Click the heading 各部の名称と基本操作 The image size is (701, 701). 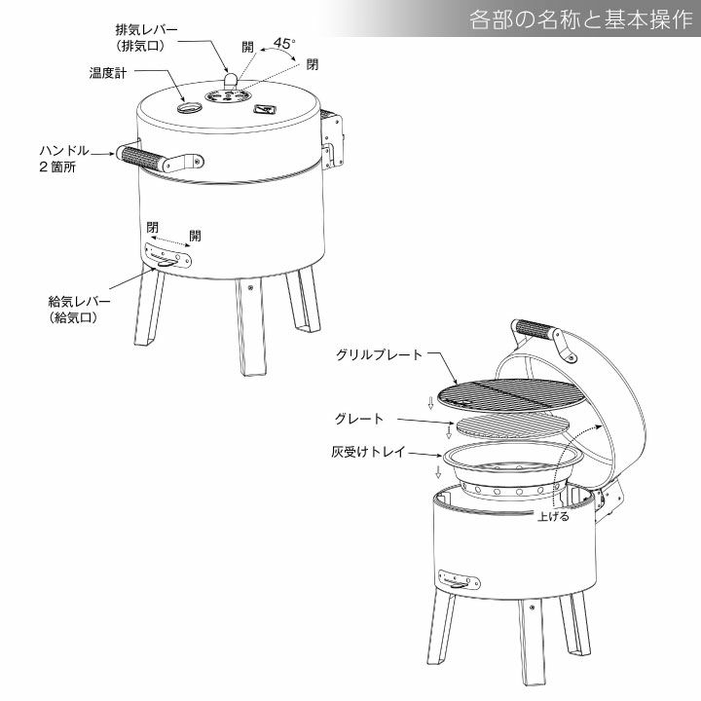[580, 20]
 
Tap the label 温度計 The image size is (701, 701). [108, 73]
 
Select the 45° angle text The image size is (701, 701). [284, 44]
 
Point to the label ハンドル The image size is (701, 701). [64, 151]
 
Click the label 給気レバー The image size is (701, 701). [79, 301]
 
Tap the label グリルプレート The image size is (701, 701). [379, 355]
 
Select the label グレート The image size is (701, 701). [359, 419]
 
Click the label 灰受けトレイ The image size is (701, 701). [368, 452]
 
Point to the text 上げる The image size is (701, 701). [553, 516]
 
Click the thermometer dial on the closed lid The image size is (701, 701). [189, 107]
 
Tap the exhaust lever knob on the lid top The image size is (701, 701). [231, 80]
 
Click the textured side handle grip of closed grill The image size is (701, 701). [141, 159]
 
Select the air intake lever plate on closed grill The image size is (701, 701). [167, 256]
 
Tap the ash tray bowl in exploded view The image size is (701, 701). [513, 469]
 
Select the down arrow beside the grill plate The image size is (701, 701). [430, 403]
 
